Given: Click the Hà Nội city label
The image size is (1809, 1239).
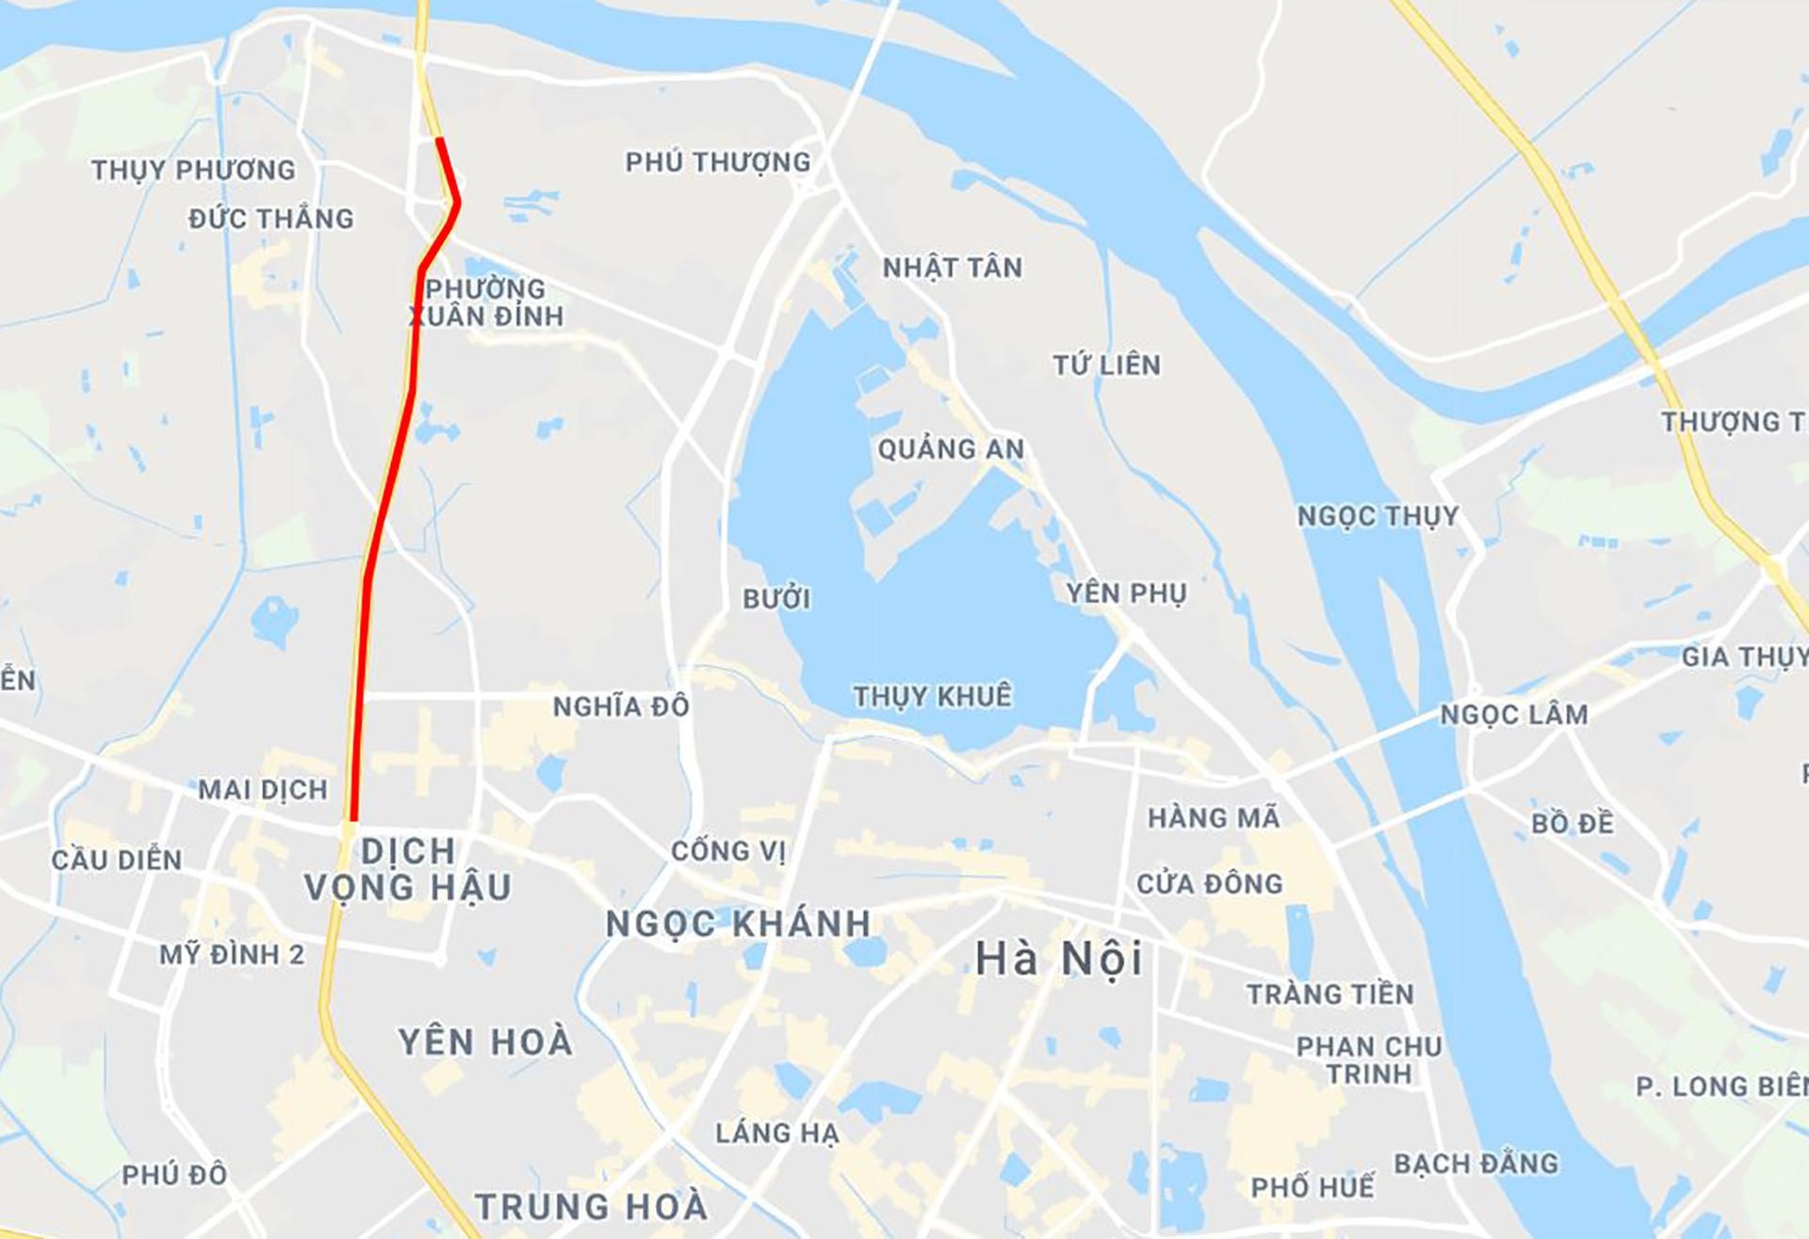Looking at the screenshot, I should click(x=1058, y=960).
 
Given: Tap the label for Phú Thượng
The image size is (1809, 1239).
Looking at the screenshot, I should click(x=718, y=162).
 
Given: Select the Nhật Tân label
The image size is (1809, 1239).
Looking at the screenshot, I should click(x=952, y=268).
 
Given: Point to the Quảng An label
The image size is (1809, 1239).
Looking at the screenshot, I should click(x=951, y=449).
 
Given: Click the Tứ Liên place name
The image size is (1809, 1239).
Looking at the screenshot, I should click(x=1106, y=365).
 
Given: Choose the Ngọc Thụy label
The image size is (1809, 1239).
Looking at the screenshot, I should click(x=1377, y=516).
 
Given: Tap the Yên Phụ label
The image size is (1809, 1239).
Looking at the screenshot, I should click(x=1126, y=594).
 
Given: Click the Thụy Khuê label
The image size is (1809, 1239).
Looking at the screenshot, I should click(x=932, y=696).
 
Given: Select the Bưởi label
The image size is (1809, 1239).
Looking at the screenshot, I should click(x=776, y=598).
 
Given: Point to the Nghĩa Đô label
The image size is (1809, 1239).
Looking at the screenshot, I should click(x=621, y=707).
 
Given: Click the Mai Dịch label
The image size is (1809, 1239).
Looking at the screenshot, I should click(x=262, y=790).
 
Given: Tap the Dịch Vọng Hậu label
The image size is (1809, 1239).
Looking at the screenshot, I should click(x=408, y=869).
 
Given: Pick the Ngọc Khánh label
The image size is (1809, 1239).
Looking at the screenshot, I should click(x=738, y=924).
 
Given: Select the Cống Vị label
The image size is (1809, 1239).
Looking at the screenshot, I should click(x=727, y=851).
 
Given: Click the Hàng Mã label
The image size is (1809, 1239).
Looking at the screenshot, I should click(x=1214, y=818).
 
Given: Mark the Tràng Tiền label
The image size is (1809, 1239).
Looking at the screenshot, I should click(x=1329, y=994).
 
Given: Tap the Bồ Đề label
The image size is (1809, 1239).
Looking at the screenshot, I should click(x=1572, y=823).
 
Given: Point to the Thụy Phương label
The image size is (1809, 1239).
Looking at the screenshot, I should click(x=193, y=171).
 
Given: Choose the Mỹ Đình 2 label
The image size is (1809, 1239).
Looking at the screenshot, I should click(x=232, y=954).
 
